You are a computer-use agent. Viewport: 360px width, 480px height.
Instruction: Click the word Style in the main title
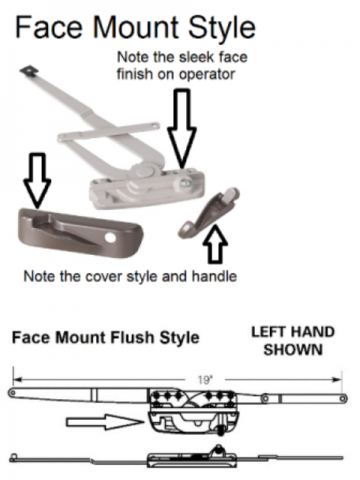(222, 27)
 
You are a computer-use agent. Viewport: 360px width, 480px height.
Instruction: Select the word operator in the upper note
(206, 74)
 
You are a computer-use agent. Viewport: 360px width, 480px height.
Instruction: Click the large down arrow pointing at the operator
(182, 128)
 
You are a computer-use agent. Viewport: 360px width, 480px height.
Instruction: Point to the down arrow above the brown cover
(37, 180)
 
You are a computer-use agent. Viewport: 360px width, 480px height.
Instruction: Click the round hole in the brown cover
(110, 238)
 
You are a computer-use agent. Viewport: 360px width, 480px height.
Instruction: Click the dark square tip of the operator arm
(29, 70)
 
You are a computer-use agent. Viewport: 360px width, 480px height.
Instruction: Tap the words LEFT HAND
(293, 332)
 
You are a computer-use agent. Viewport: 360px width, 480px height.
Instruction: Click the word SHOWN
(293, 350)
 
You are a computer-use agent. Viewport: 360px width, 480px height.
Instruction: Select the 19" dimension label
(204, 380)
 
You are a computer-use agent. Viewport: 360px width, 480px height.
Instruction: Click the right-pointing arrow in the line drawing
(105, 422)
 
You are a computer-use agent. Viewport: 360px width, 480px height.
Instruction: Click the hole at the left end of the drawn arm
(12, 393)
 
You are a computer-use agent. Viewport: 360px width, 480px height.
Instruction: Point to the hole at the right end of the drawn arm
(343, 399)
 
